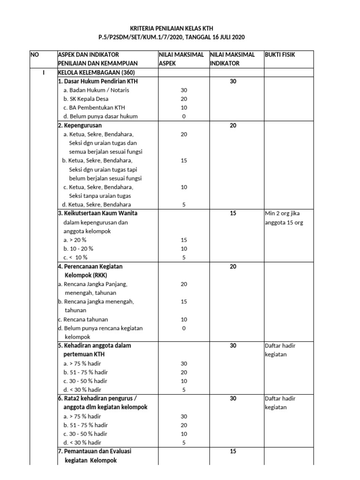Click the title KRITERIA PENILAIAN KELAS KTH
180,28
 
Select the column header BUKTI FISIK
280,55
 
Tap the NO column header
35,55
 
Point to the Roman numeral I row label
43,73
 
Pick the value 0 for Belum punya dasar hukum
183,116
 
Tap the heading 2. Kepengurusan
80,125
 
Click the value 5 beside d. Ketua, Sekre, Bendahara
183,204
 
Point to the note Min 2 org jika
283,213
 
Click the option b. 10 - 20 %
78,248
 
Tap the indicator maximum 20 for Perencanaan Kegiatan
233,266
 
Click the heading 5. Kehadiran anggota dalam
94,345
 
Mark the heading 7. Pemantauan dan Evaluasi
94,451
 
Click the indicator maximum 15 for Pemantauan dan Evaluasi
233,451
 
